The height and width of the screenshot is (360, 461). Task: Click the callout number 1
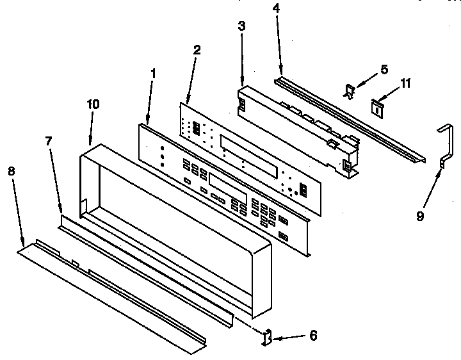(152, 74)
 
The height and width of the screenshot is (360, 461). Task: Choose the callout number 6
(312, 334)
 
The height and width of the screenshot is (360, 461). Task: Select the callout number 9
(420, 217)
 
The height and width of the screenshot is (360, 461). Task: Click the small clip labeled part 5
(349, 92)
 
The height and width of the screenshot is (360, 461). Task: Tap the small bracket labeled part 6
(268, 336)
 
